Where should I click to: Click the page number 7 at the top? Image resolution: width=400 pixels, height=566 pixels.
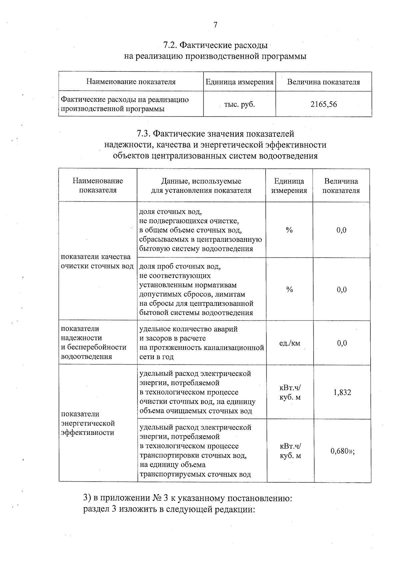pos(215,25)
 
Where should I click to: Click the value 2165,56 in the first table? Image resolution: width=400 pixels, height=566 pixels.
pos(323,104)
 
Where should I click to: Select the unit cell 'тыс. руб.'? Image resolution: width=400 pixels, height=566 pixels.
pos(239,104)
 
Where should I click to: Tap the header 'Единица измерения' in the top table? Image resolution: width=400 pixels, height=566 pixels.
pos(239,82)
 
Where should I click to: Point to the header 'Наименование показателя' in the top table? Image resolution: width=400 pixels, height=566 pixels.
pos(131,82)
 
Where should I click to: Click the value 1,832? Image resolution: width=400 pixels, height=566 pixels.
pos(342,392)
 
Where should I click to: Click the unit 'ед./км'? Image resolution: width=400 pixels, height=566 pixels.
pos(289,343)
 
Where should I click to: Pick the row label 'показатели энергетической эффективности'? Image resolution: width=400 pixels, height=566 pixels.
pos(88,423)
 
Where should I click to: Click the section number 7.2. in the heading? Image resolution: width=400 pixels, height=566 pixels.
pos(171,45)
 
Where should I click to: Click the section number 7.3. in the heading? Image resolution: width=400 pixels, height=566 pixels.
pos(144,134)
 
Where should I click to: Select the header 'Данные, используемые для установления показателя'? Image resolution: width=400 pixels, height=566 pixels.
pos(201,186)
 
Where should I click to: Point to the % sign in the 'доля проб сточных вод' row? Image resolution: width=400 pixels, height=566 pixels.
pos(289,290)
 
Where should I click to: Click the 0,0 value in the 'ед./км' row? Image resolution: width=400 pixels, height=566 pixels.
pos(342,343)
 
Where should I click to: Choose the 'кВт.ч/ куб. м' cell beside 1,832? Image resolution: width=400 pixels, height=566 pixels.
pos(290,393)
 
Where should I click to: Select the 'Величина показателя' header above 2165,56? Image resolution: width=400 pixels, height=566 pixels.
pos(323,82)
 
